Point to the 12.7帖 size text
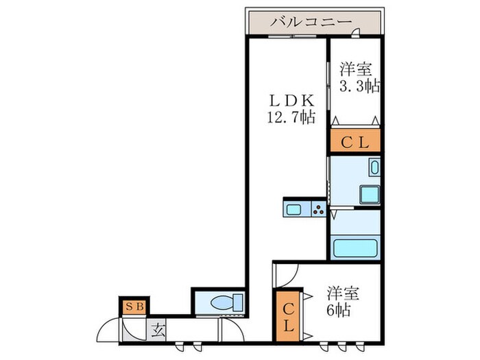pos(290,117)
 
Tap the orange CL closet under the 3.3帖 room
pos(355,143)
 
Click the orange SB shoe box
pos(134,307)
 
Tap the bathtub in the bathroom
pos(355,248)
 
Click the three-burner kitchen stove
pos(319,209)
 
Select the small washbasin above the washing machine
pos(374,167)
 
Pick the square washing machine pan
pos(370,194)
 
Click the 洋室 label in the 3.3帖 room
pos(356,70)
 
